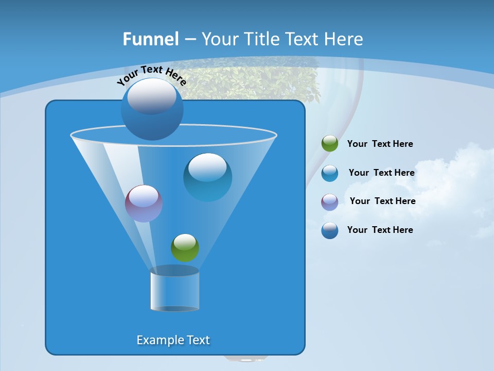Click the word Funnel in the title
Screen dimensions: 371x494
pyautogui.click(x=151, y=39)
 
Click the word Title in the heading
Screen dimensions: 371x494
pyautogui.click(x=261, y=39)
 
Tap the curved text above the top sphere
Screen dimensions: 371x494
pyautogui.click(x=151, y=75)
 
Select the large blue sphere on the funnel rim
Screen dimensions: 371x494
pyautogui.click(x=152, y=109)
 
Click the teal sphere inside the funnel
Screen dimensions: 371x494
pyautogui.click(x=207, y=177)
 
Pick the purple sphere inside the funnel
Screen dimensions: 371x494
pyautogui.click(x=144, y=204)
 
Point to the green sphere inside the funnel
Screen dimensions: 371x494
pyautogui.click(x=185, y=247)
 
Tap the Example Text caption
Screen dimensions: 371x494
pyautogui.click(x=173, y=340)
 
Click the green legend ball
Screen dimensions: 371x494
pyautogui.click(x=330, y=144)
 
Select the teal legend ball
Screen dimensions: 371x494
pyautogui.click(x=330, y=173)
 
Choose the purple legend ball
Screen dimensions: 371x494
pyautogui.click(x=330, y=202)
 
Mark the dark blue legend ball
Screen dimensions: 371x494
pyautogui.click(x=330, y=230)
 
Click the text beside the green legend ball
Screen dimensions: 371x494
pyautogui.click(x=380, y=144)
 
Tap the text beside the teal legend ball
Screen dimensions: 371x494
pyautogui.click(x=381, y=173)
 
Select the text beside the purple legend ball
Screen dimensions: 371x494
pyautogui.click(x=382, y=201)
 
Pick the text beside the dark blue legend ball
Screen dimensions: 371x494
pyautogui.click(x=380, y=230)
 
